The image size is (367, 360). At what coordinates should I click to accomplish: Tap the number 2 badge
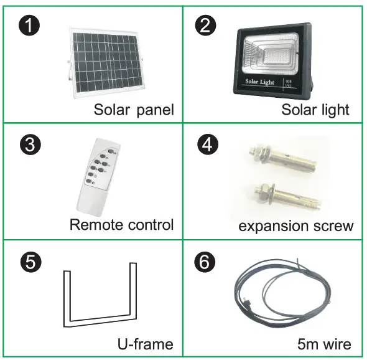click(x=205, y=27)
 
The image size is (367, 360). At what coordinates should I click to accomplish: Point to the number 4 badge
click(x=205, y=145)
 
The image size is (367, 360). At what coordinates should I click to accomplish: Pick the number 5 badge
click(x=27, y=261)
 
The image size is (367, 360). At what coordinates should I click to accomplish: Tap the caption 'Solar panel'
click(x=133, y=110)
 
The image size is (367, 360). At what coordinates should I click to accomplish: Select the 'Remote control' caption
click(x=121, y=224)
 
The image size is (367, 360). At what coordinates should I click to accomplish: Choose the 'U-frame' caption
click(x=145, y=343)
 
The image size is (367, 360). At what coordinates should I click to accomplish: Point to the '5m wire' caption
click(x=324, y=343)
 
